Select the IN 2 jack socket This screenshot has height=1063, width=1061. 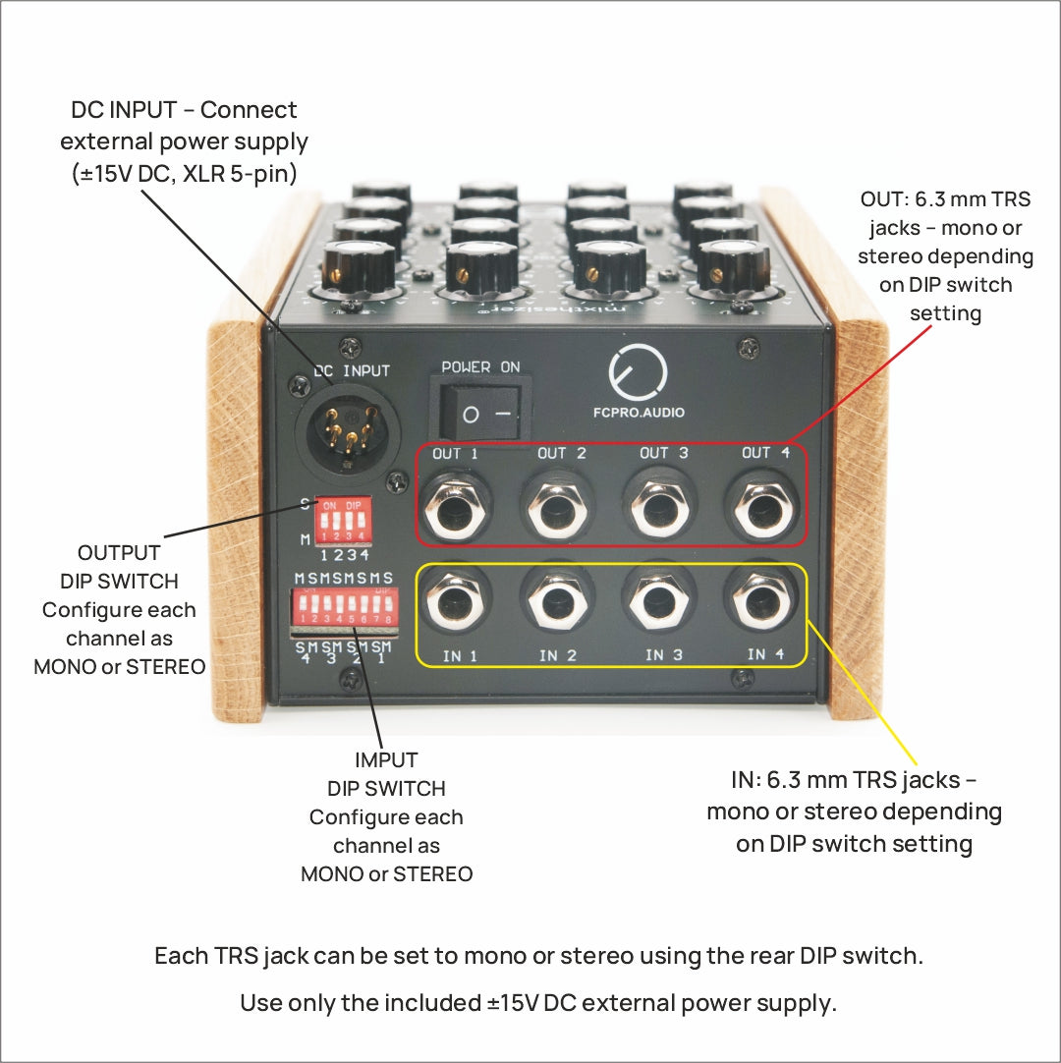pyautogui.click(x=557, y=603)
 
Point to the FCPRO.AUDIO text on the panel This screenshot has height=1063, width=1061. pyautogui.click(x=639, y=413)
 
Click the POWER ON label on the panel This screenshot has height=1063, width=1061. pyautogui.click(x=480, y=367)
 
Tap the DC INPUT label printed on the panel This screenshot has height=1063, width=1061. pyautogui.click(x=352, y=370)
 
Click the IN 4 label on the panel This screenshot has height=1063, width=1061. pyautogui.click(x=765, y=654)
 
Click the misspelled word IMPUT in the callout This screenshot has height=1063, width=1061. pyautogui.click(x=386, y=760)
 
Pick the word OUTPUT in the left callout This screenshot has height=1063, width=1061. pyautogui.click(x=119, y=553)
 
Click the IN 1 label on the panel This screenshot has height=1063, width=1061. pyautogui.click(x=459, y=655)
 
